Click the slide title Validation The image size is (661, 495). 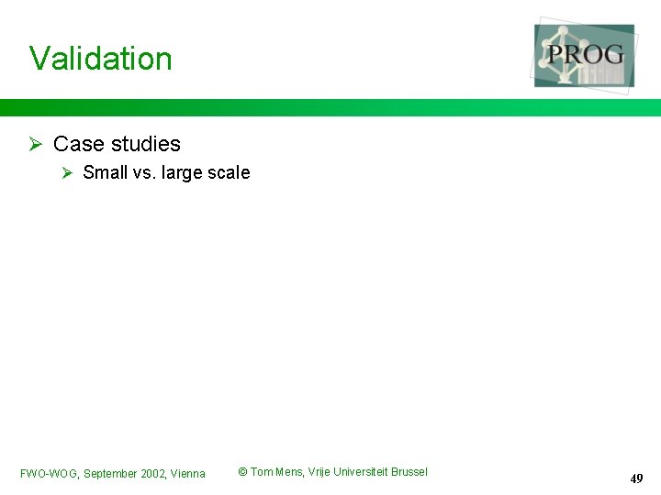(x=101, y=59)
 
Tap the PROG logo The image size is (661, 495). (x=585, y=55)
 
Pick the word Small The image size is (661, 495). (x=105, y=172)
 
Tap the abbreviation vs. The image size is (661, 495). (x=144, y=172)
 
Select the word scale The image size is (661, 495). (x=229, y=172)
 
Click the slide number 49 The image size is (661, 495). (x=636, y=478)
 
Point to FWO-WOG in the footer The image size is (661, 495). (x=49, y=474)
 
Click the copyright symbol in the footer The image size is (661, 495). (x=242, y=472)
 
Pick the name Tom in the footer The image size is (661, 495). (x=261, y=472)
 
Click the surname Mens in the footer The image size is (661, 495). (x=289, y=472)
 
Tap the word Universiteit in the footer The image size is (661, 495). (x=359, y=472)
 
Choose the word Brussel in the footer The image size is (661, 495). (x=409, y=472)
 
